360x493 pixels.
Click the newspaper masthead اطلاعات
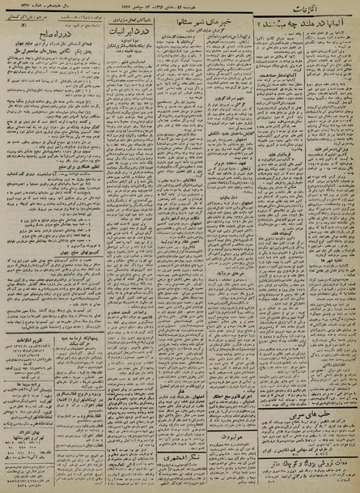324,9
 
